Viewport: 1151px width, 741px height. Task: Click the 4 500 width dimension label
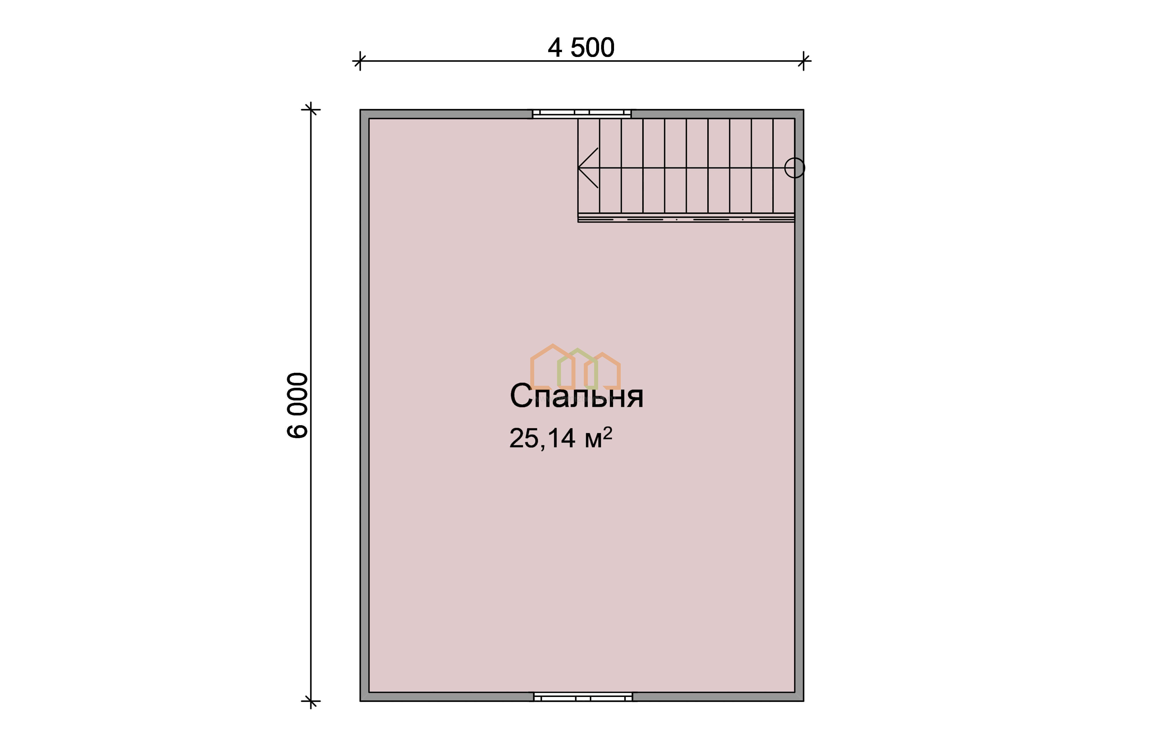click(x=581, y=48)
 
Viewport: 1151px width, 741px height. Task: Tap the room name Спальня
click(x=576, y=396)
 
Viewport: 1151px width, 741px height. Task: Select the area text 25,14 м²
click(x=560, y=438)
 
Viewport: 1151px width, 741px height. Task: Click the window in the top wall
click(x=582, y=113)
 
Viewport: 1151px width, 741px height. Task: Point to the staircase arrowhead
click(x=588, y=168)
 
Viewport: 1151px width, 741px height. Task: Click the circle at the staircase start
click(x=794, y=168)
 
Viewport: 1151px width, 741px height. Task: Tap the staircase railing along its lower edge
click(x=686, y=218)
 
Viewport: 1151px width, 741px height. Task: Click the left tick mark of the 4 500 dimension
click(x=360, y=61)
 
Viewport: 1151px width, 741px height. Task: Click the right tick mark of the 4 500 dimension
click(x=803, y=61)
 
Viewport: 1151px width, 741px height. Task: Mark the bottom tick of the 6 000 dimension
click(x=311, y=701)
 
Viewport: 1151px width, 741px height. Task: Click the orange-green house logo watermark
click(x=575, y=367)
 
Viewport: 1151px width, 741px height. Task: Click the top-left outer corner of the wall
click(x=360, y=110)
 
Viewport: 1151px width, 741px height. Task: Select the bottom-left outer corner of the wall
click(x=360, y=701)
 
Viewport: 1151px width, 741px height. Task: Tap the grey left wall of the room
click(x=365, y=405)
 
